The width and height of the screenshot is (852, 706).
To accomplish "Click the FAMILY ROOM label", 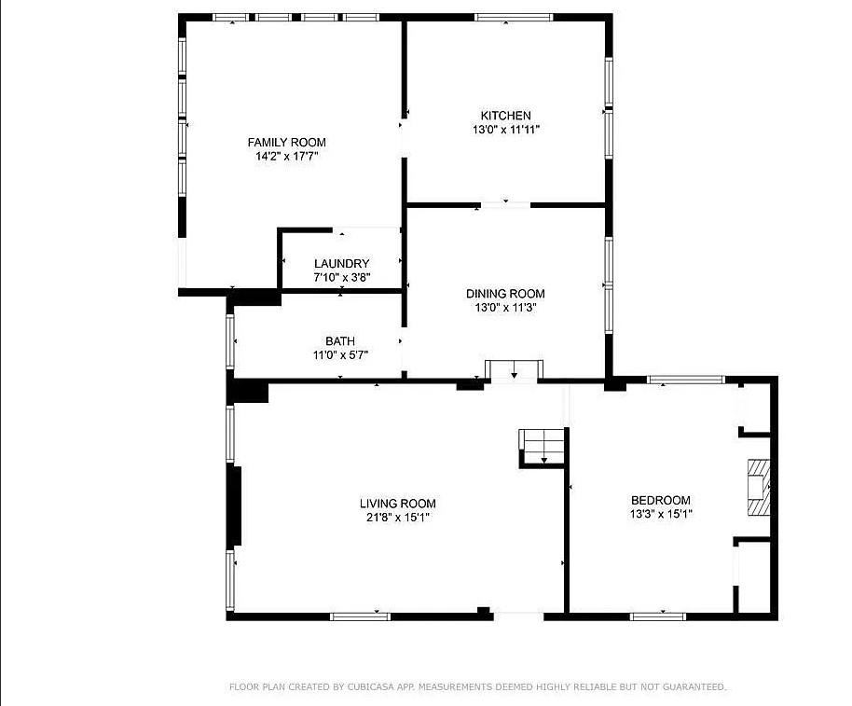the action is pyautogui.click(x=287, y=143).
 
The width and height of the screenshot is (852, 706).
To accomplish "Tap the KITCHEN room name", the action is pyautogui.click(x=506, y=116).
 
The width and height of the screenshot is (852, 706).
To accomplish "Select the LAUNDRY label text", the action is pyautogui.click(x=342, y=264).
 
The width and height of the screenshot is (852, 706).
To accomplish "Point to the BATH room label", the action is pyautogui.click(x=340, y=341).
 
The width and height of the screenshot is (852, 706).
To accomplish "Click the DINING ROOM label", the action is pyautogui.click(x=505, y=294).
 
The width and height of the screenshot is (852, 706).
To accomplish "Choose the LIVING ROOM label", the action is pyautogui.click(x=398, y=504).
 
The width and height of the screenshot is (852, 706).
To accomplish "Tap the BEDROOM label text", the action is pyautogui.click(x=661, y=500).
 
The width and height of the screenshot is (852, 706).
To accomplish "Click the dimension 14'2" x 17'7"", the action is pyautogui.click(x=287, y=157).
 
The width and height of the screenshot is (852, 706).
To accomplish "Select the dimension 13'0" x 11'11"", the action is pyautogui.click(x=506, y=130).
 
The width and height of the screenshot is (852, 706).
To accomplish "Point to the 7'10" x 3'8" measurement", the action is pyautogui.click(x=342, y=278).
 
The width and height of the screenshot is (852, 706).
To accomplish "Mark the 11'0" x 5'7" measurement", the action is pyautogui.click(x=340, y=355).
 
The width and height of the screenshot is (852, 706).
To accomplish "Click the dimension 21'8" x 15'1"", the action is pyautogui.click(x=398, y=518).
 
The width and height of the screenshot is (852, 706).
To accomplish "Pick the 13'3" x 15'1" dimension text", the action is pyautogui.click(x=661, y=514).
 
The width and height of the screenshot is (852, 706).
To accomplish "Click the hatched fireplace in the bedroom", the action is pyautogui.click(x=759, y=488).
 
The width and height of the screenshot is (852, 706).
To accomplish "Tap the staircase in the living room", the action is pyautogui.click(x=543, y=447).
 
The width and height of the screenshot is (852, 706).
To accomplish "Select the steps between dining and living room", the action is pyautogui.click(x=514, y=369).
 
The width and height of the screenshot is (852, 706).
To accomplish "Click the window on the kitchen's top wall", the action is pyautogui.click(x=514, y=18).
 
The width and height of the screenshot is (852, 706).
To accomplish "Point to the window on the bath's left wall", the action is pyautogui.click(x=230, y=341).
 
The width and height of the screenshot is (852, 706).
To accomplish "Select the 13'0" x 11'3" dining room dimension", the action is pyautogui.click(x=505, y=308).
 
